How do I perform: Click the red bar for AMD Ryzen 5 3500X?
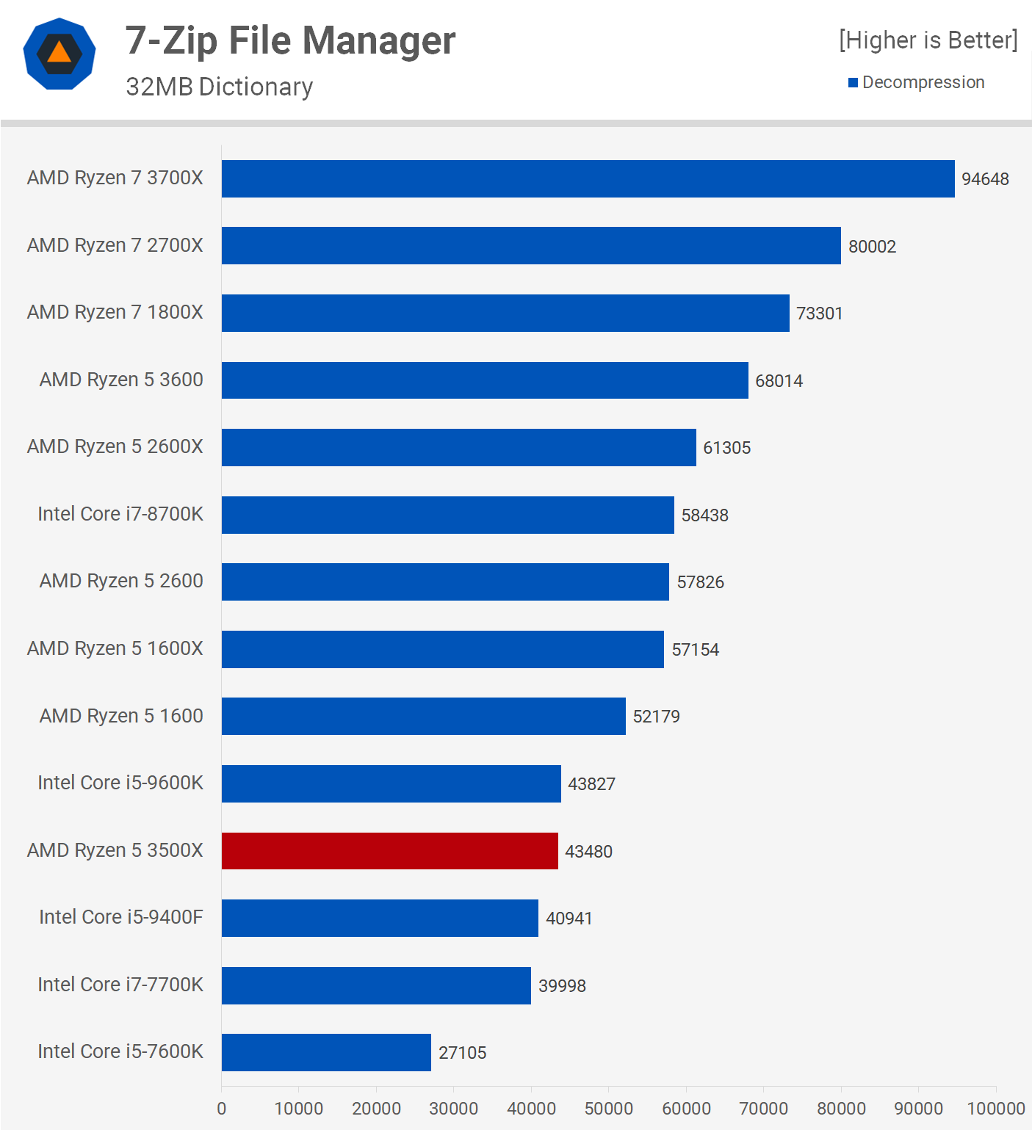[389, 851]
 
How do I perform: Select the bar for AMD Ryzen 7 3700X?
[588, 178]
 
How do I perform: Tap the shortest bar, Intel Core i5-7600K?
[326, 1052]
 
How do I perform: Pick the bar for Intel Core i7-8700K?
[447, 515]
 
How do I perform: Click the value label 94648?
[985, 179]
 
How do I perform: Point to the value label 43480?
[588, 852]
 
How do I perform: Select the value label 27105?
[462, 1053]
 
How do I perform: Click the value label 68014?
[779, 381]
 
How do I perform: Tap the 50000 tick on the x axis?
[608, 1109]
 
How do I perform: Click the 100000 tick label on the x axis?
[995, 1109]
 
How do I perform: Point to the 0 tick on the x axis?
[222, 1109]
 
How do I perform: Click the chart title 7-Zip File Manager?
[290, 40]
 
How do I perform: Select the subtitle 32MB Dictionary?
[219, 87]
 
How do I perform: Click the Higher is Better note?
[928, 40]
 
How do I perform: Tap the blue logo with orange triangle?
[59, 54]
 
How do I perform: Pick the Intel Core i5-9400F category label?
[120, 917]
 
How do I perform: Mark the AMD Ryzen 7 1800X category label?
[115, 312]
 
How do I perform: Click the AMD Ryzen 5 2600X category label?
[115, 446]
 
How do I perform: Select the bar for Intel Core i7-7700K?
[376, 985]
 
